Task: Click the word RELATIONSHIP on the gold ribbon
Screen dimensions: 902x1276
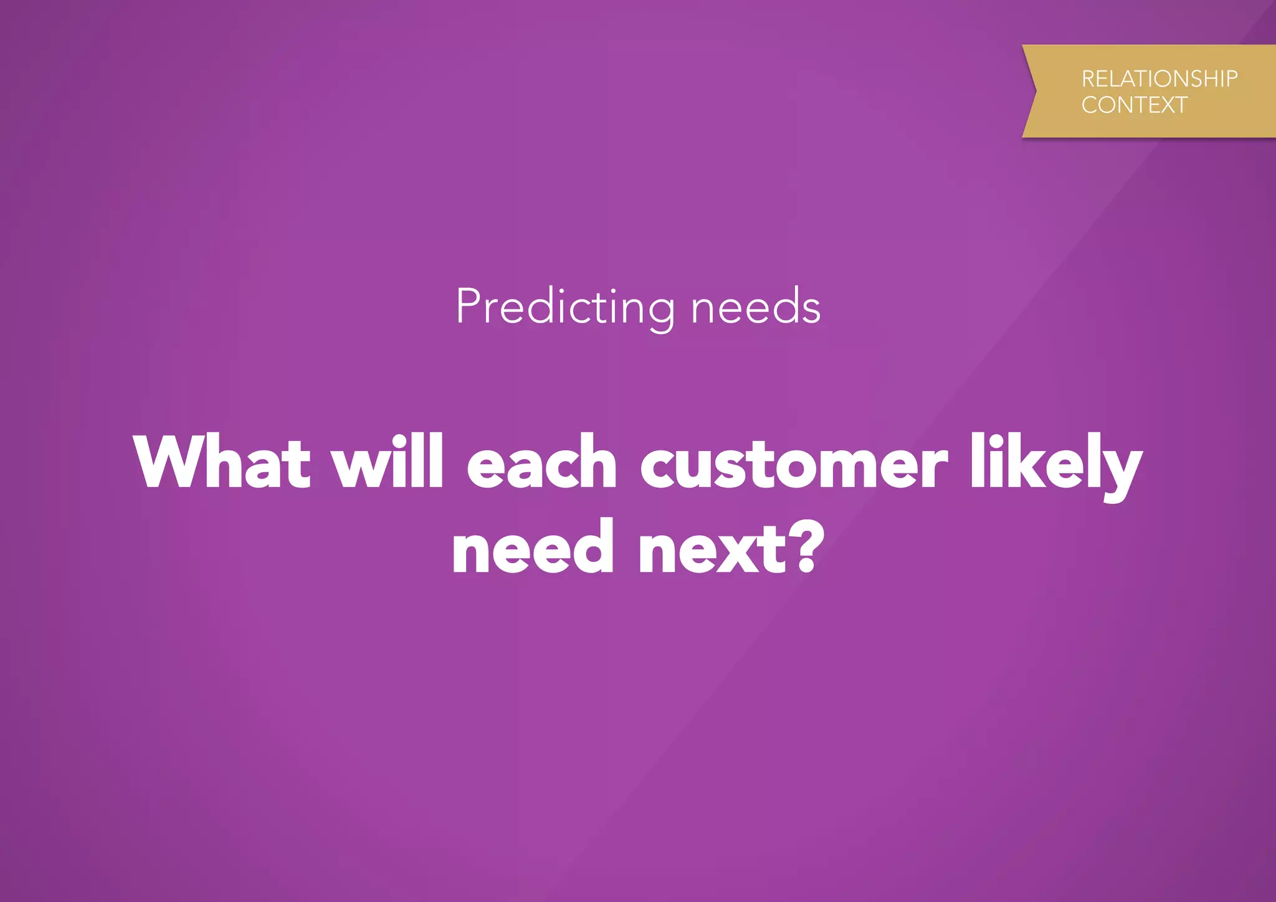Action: point(1159,79)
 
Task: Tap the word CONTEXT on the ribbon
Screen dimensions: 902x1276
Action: point(1134,105)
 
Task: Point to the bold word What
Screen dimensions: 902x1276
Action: point(222,462)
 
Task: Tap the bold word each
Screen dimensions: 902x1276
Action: point(541,462)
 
